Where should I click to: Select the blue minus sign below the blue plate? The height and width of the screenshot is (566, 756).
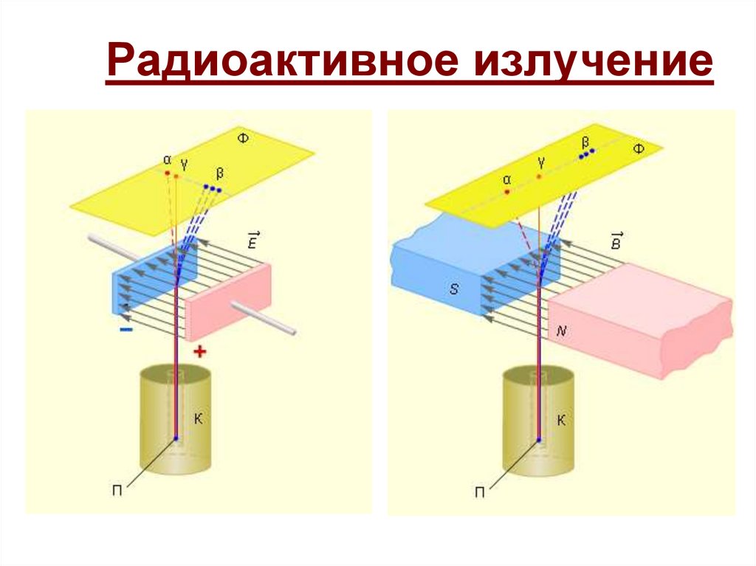126,330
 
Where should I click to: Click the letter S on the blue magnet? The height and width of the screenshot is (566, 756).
454,289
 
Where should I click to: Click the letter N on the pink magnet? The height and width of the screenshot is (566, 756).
561,332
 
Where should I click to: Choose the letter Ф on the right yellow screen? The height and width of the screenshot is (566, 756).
639,149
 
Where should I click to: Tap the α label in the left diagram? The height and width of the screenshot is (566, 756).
167,159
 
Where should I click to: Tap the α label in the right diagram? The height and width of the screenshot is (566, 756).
507,179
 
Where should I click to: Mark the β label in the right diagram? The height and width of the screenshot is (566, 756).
585,141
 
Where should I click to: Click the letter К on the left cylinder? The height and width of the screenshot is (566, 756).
198,418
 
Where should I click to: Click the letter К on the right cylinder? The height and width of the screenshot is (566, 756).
560,421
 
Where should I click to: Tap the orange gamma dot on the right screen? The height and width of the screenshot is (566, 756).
540,176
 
